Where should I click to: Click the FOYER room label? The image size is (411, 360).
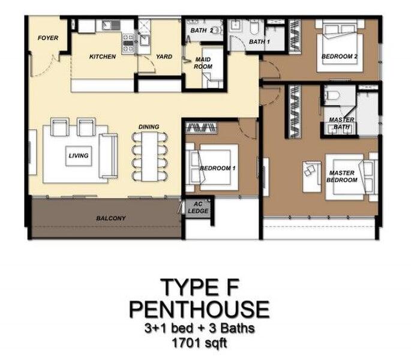coord(48,38)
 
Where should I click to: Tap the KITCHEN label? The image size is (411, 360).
coord(103,56)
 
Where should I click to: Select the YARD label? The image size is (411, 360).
coord(164,56)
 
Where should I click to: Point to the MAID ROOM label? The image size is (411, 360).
coord(203,63)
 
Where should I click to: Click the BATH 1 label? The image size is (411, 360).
coord(259,41)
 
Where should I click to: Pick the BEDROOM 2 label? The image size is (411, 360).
coord(340,56)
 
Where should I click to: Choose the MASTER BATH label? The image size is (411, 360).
coord(341,123)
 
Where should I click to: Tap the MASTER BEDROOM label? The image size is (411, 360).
coord(342,176)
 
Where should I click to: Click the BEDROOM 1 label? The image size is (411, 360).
coord(218,169)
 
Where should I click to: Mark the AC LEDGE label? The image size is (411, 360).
coord(198,208)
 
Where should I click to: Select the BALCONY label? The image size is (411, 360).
coord(111,218)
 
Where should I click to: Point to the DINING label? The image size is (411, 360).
coord(149,127)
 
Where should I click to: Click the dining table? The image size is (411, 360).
coord(149,157)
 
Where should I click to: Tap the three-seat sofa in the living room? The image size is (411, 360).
coord(108,156)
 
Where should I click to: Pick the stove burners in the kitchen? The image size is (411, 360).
coord(128,43)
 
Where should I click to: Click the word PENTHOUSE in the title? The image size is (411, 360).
coord(199,310)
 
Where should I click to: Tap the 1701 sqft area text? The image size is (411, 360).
coord(199,343)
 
